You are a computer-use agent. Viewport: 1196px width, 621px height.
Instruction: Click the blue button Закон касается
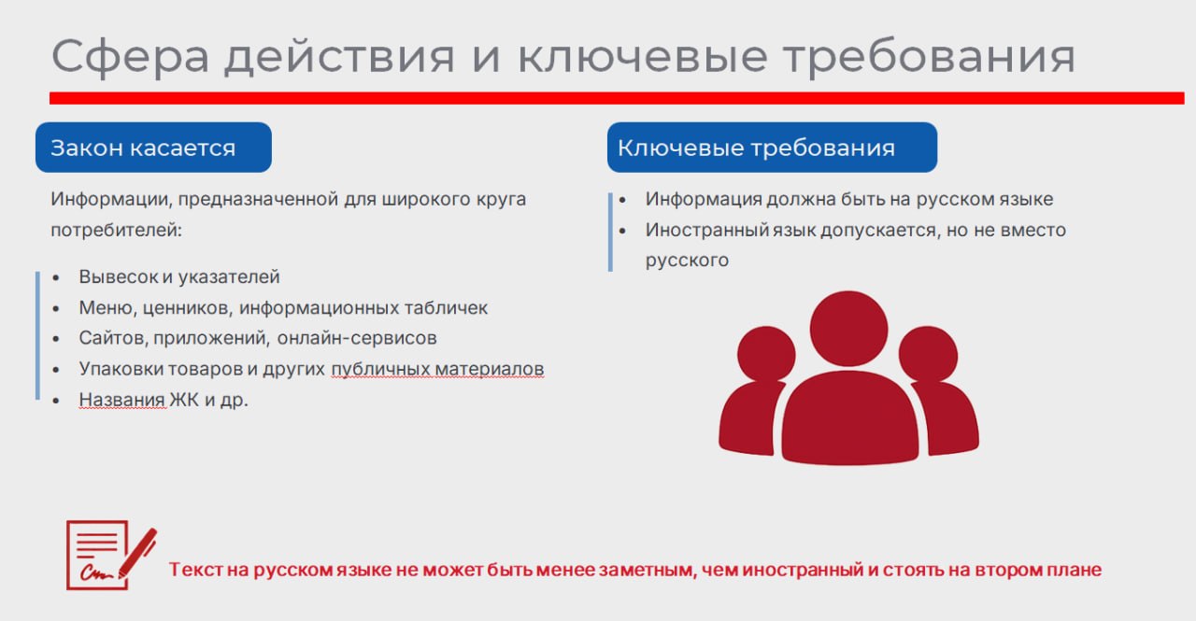tap(154, 148)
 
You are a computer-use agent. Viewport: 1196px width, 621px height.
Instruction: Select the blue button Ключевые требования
tap(772, 148)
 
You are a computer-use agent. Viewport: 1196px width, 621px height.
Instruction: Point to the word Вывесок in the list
tap(119, 277)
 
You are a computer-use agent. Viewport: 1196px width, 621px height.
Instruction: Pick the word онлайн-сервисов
tap(357, 338)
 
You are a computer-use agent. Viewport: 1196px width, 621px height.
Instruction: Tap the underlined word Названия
tap(121, 400)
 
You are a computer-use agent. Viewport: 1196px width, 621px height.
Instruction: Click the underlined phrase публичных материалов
tap(437, 369)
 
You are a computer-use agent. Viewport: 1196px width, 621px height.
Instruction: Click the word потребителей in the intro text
tap(117, 231)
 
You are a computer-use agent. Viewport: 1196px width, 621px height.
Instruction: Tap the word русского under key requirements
tap(687, 261)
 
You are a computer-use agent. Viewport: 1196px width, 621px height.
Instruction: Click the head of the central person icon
tap(849, 328)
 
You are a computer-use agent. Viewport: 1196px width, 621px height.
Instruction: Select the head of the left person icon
tap(766, 354)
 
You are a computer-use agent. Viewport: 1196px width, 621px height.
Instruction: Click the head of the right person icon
tap(928, 354)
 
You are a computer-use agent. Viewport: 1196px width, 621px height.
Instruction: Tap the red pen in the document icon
tap(137, 553)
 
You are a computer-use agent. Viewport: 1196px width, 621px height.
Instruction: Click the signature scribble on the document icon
tap(96, 573)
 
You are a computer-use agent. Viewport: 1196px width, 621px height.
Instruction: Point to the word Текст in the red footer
tap(195, 570)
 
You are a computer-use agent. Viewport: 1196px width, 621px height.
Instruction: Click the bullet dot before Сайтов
tap(56, 339)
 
